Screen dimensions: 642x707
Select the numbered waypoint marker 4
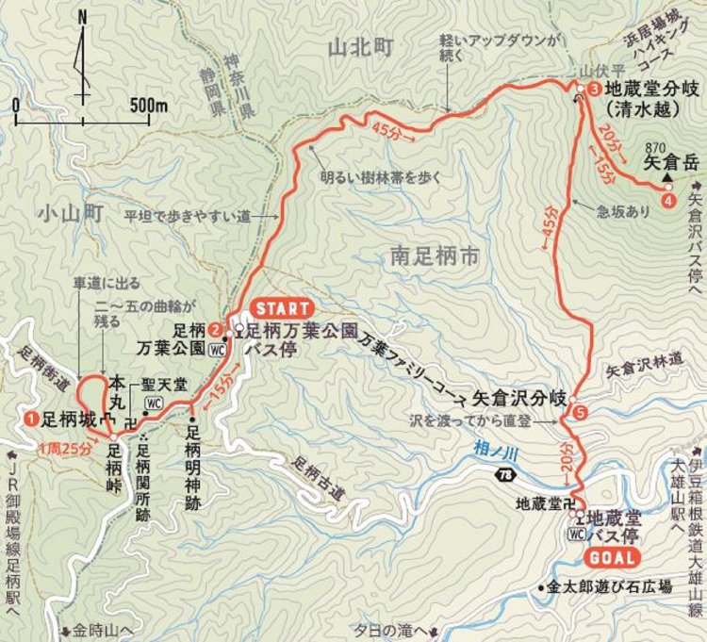pos(668,201)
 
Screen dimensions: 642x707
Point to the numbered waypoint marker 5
pos(579,412)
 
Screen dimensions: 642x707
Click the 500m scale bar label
pos(149,106)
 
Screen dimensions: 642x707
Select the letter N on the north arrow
pos(83,16)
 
